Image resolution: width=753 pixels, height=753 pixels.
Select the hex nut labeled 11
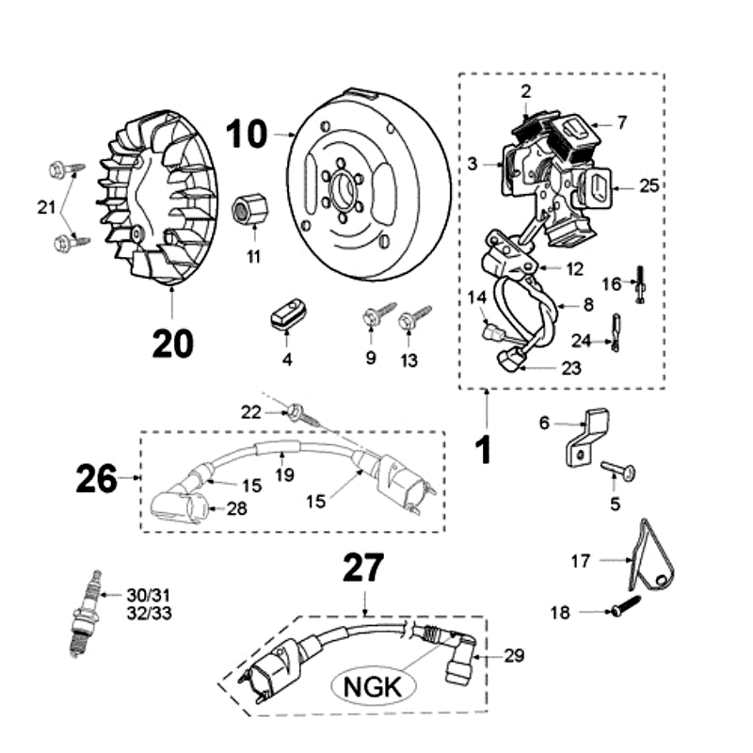pyautogui.click(x=248, y=206)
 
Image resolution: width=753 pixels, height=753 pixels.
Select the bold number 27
pyautogui.click(x=363, y=568)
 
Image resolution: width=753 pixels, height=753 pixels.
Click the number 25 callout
pyautogui.click(x=649, y=186)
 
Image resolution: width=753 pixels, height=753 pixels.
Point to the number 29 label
pyautogui.click(x=514, y=655)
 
